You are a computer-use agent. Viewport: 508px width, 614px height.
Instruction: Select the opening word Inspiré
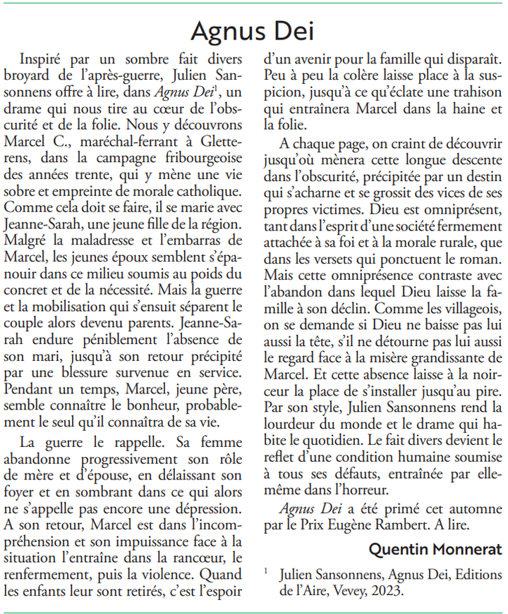click(x=43, y=59)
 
